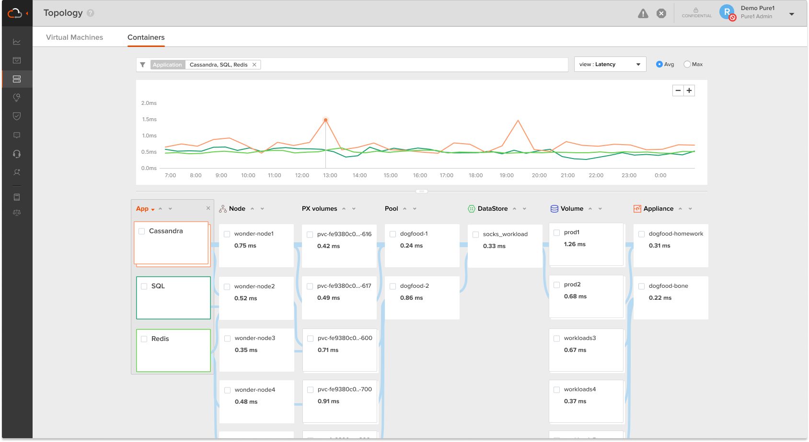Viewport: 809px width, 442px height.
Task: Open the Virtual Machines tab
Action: click(74, 37)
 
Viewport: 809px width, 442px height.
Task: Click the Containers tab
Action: click(146, 37)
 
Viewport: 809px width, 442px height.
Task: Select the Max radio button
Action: click(687, 64)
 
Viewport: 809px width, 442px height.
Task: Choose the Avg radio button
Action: click(659, 64)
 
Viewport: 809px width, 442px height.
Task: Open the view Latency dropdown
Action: click(610, 64)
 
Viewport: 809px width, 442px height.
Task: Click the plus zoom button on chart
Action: click(689, 91)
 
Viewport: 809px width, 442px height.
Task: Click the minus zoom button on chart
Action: click(678, 91)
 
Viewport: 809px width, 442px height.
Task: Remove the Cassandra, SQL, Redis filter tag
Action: click(254, 65)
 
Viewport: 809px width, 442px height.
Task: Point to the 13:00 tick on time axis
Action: click(330, 175)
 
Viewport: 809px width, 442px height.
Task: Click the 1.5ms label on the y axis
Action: click(149, 119)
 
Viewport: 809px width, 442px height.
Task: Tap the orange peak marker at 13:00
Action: click(326, 120)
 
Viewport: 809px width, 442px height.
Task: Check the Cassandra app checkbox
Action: click(142, 231)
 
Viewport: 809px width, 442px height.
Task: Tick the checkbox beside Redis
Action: click(144, 339)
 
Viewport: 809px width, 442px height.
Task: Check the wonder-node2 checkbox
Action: click(227, 287)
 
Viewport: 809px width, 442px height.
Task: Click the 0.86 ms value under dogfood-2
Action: click(411, 298)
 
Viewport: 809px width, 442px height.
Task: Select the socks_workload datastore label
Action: click(505, 234)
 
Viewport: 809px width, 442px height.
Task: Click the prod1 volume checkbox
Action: click(557, 233)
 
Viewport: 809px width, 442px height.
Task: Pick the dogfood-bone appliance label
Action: click(668, 286)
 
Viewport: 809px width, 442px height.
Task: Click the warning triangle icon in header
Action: click(643, 13)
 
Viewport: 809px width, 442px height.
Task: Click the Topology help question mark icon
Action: click(91, 13)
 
